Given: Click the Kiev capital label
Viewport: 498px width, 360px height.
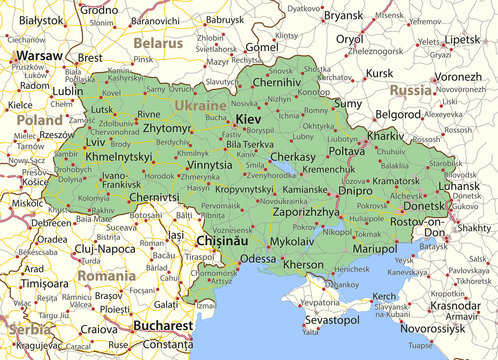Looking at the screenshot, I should click(x=250, y=119).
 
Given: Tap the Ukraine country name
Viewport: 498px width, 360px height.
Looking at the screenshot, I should click(x=200, y=104).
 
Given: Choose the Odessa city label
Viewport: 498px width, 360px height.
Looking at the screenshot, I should click(x=258, y=259).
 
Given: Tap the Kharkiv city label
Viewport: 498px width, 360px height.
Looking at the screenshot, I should click(x=385, y=134).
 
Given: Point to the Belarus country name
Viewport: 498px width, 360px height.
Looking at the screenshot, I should click(x=159, y=43).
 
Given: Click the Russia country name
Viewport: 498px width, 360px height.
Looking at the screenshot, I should click(x=411, y=89).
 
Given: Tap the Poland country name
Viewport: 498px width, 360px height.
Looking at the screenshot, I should click(x=39, y=119).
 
